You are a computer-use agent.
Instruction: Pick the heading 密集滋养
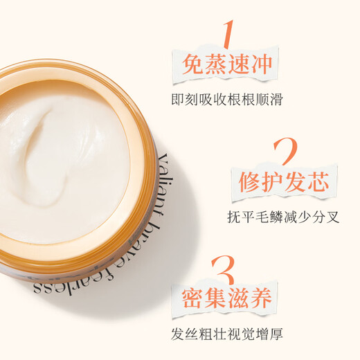(226, 300)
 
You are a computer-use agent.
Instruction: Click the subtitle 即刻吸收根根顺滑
(226, 98)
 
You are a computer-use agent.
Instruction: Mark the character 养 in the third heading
(260, 300)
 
